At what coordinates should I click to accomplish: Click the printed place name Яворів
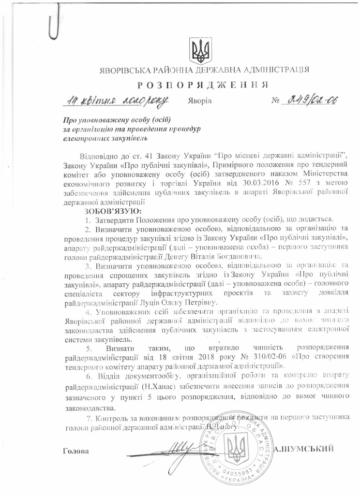[x=198, y=102]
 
